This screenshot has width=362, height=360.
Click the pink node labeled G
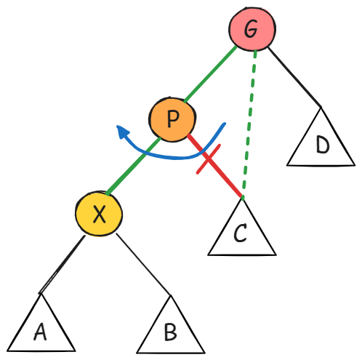point(252,29)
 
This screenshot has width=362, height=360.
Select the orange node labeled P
point(172,119)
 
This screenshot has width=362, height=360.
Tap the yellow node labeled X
point(99,214)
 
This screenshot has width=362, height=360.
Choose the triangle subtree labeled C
point(242,227)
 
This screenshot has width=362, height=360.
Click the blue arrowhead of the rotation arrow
point(122,132)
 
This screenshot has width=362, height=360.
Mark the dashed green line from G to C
point(249,124)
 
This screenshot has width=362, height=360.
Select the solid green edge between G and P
point(210,73)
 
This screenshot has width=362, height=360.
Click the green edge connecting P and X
point(133,166)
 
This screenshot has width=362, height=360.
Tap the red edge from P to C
point(214,165)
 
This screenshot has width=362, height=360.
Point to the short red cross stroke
point(209,159)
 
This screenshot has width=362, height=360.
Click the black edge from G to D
point(294,77)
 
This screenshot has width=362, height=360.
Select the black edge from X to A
point(63,265)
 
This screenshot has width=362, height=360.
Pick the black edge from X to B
point(143,264)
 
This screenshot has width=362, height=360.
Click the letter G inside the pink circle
point(251,29)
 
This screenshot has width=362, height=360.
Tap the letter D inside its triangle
point(323,145)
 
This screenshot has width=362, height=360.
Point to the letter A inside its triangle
point(40,332)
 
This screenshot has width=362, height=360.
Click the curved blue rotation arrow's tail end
point(225,124)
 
